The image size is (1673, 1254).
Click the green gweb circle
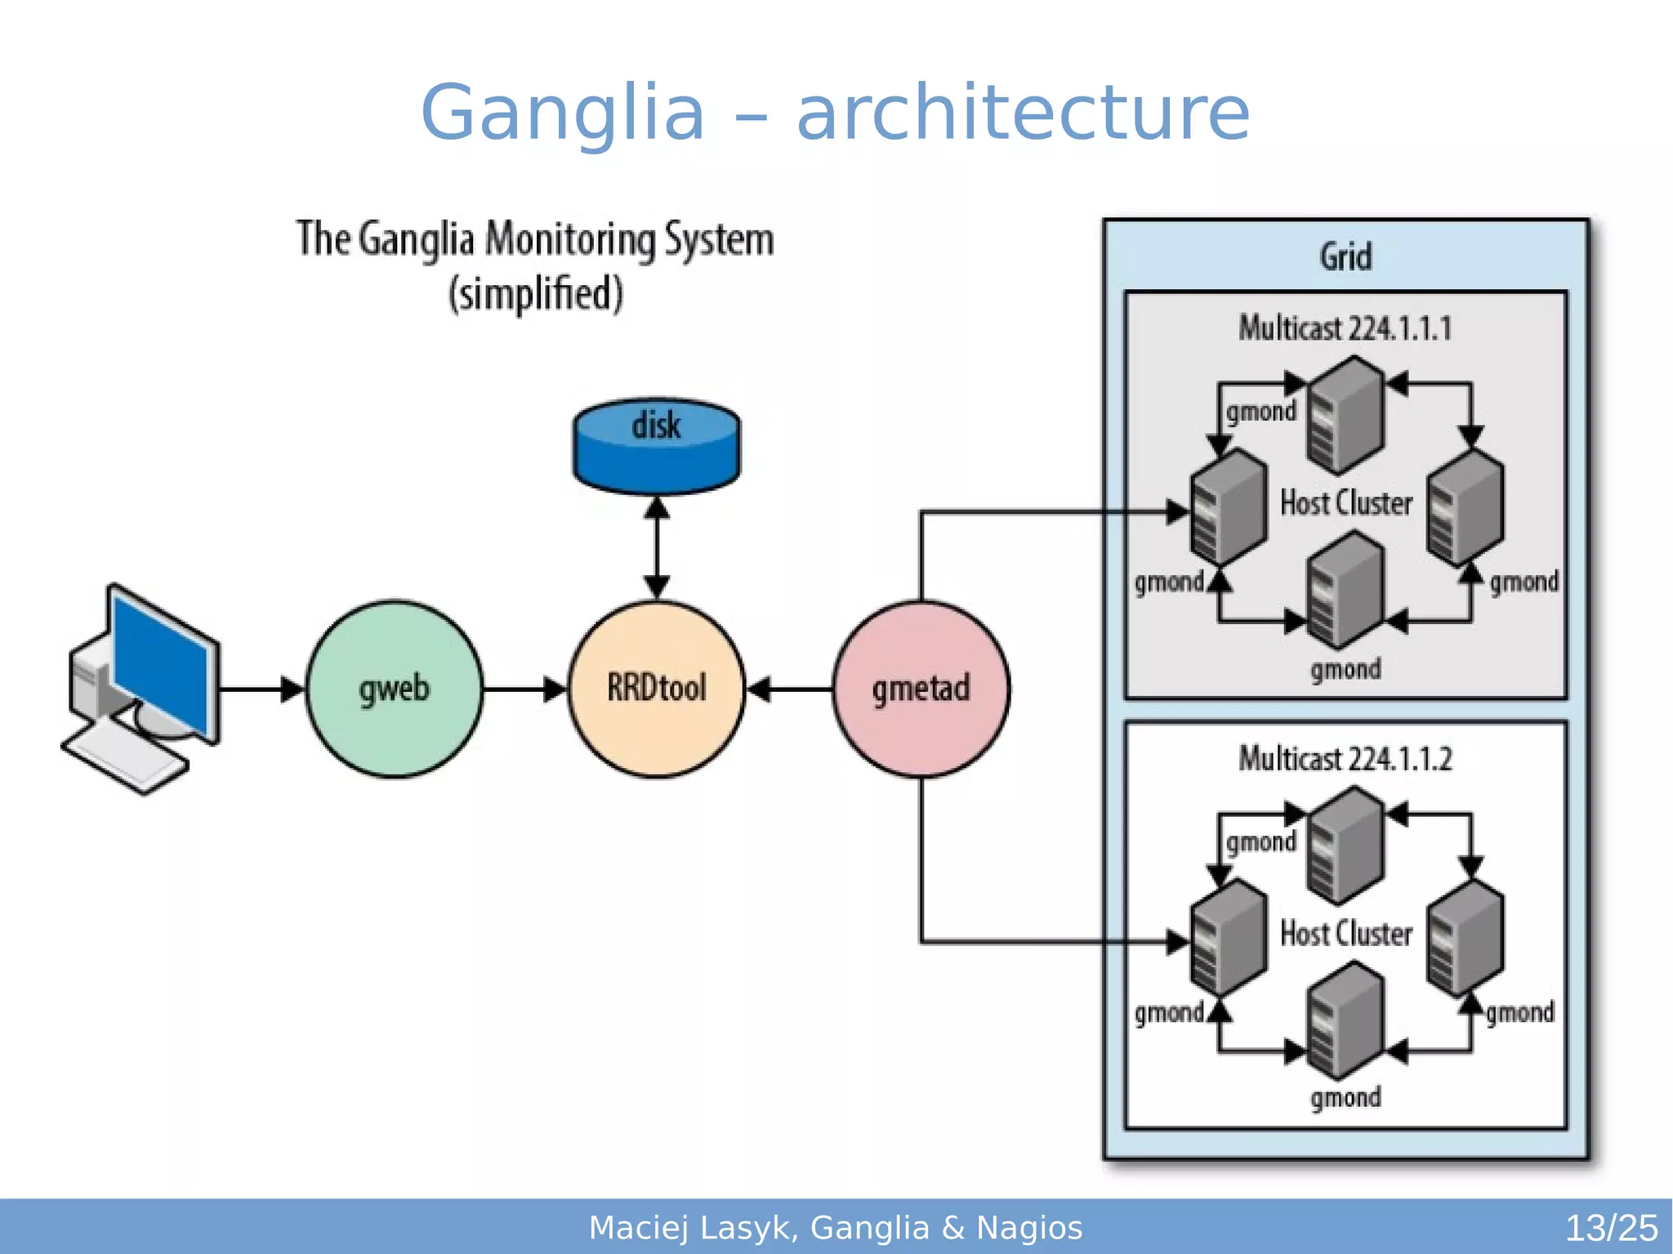pos(395,689)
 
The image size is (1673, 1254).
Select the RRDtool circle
pos(657,689)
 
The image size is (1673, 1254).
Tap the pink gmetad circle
pos(921,689)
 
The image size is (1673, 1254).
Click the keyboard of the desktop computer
pos(127,756)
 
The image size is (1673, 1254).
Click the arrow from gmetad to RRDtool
pos(789,689)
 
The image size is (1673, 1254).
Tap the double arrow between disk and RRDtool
pos(657,547)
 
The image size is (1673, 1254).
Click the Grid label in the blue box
pos(1345,257)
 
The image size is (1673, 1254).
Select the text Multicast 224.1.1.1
pos(1345,328)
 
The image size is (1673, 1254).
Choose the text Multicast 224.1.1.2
pos(1345,759)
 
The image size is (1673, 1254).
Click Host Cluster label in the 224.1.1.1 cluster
pos(1346,502)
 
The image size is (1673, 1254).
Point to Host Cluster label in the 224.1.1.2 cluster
pos(1346,933)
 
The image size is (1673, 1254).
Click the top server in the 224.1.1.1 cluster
pos(1345,417)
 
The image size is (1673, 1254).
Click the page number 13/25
pos(1611,1228)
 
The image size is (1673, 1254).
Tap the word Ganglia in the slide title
pos(562,113)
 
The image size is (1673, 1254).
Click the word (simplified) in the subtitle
pos(536,294)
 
